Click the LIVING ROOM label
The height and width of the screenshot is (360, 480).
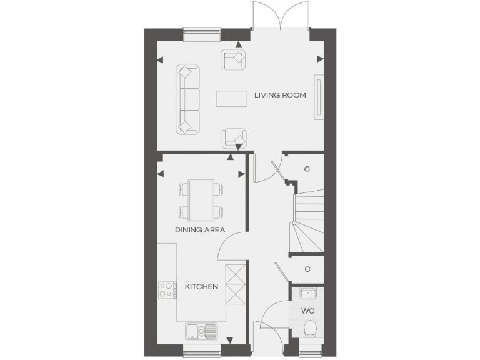[x=280, y=96]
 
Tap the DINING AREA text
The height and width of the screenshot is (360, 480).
[x=199, y=230]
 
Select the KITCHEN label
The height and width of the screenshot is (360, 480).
[x=201, y=287]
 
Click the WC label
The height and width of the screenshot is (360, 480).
[x=307, y=310]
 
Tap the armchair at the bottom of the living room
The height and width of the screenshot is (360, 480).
[x=234, y=137]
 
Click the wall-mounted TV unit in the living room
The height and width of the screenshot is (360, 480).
[x=320, y=96]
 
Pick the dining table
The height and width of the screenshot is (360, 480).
[x=200, y=201]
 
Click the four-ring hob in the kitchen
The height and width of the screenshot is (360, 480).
[x=166, y=289]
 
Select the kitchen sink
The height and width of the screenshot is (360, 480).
[x=201, y=330]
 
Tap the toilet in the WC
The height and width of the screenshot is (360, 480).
[x=308, y=329]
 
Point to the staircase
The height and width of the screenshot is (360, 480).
[x=308, y=222]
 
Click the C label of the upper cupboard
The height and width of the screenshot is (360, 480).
[x=307, y=169]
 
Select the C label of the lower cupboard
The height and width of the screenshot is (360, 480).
[x=307, y=269]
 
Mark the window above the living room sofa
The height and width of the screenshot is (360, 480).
[x=202, y=32]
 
